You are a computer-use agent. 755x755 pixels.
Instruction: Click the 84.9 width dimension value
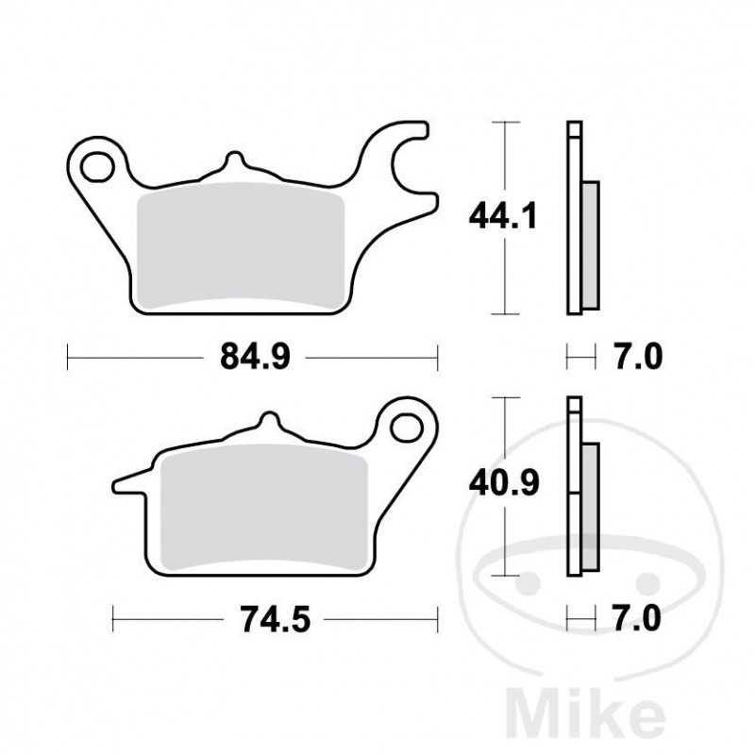(254, 357)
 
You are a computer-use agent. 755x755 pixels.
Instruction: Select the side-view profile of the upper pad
(579, 218)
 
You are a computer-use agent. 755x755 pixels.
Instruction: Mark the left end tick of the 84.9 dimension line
(69, 357)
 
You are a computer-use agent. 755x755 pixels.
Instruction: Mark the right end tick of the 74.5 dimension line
(438, 620)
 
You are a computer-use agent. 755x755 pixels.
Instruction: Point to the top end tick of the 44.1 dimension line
(508, 123)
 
